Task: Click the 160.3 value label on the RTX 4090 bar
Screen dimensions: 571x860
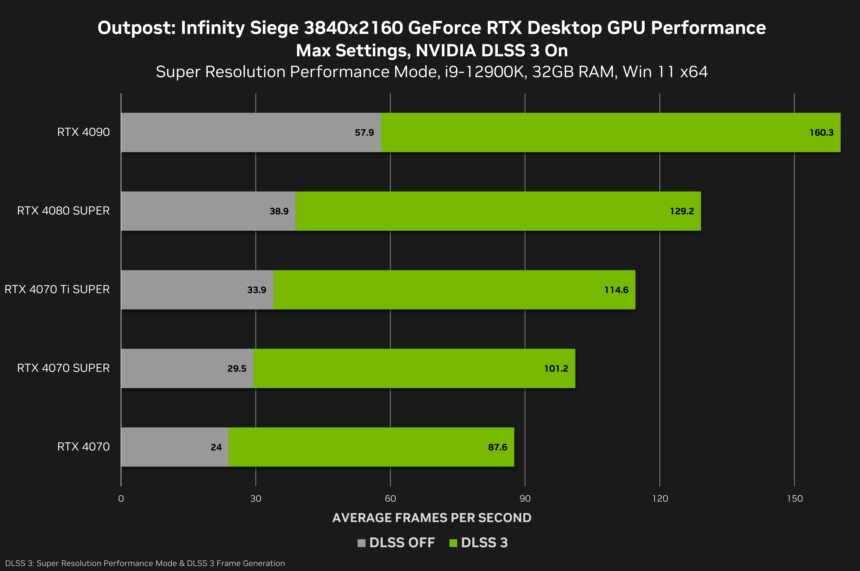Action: point(821,133)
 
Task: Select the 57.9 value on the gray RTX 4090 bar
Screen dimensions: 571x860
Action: point(364,133)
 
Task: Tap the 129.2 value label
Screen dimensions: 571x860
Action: point(682,211)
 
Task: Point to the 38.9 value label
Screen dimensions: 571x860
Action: point(279,211)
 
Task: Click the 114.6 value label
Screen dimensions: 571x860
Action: point(616,290)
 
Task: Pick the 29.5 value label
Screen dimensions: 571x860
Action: point(237,368)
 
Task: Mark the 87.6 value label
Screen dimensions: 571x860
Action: point(498,447)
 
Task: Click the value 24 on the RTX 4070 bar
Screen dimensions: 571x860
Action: point(216,447)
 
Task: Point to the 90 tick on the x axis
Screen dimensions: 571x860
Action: point(525,499)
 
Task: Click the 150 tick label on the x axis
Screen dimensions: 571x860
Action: point(794,499)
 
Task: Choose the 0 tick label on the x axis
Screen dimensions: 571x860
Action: point(121,499)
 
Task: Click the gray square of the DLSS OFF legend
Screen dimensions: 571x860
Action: point(361,543)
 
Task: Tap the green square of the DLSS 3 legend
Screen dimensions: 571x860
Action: point(453,543)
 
